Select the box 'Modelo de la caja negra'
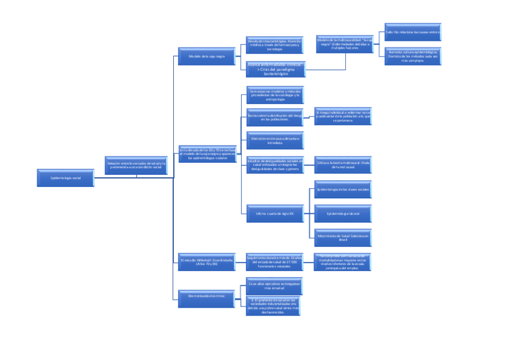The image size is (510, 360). (x=206, y=56)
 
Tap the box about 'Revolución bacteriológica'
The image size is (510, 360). (x=275, y=45)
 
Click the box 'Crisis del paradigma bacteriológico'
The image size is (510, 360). (x=275, y=69)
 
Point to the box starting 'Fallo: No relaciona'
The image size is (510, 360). (x=413, y=32)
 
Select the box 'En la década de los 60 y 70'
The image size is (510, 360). (x=206, y=154)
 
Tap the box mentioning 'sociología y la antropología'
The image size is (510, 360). (x=275, y=95)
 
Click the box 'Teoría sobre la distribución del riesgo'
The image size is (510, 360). (x=275, y=117)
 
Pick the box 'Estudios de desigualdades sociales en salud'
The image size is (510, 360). (x=275, y=165)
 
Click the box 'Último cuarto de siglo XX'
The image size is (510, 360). (x=275, y=213)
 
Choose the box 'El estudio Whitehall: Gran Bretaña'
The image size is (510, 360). (x=206, y=262)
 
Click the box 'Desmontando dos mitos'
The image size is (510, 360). (x=206, y=296)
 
